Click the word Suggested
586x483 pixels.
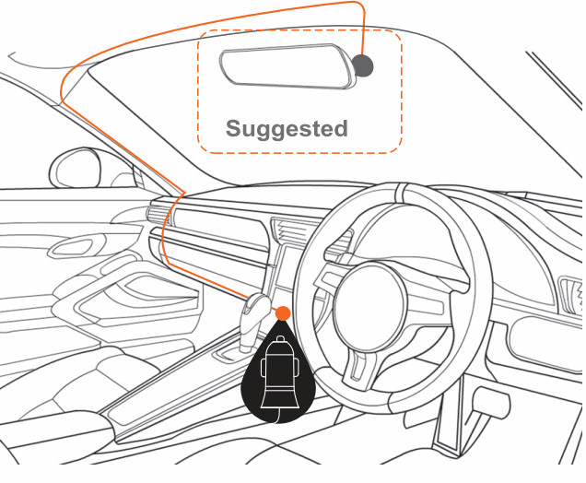(287, 128)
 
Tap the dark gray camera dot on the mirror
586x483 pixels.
(364, 65)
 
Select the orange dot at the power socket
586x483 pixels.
(283, 313)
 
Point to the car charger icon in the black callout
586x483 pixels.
(278, 378)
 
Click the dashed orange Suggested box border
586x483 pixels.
(402, 92)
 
